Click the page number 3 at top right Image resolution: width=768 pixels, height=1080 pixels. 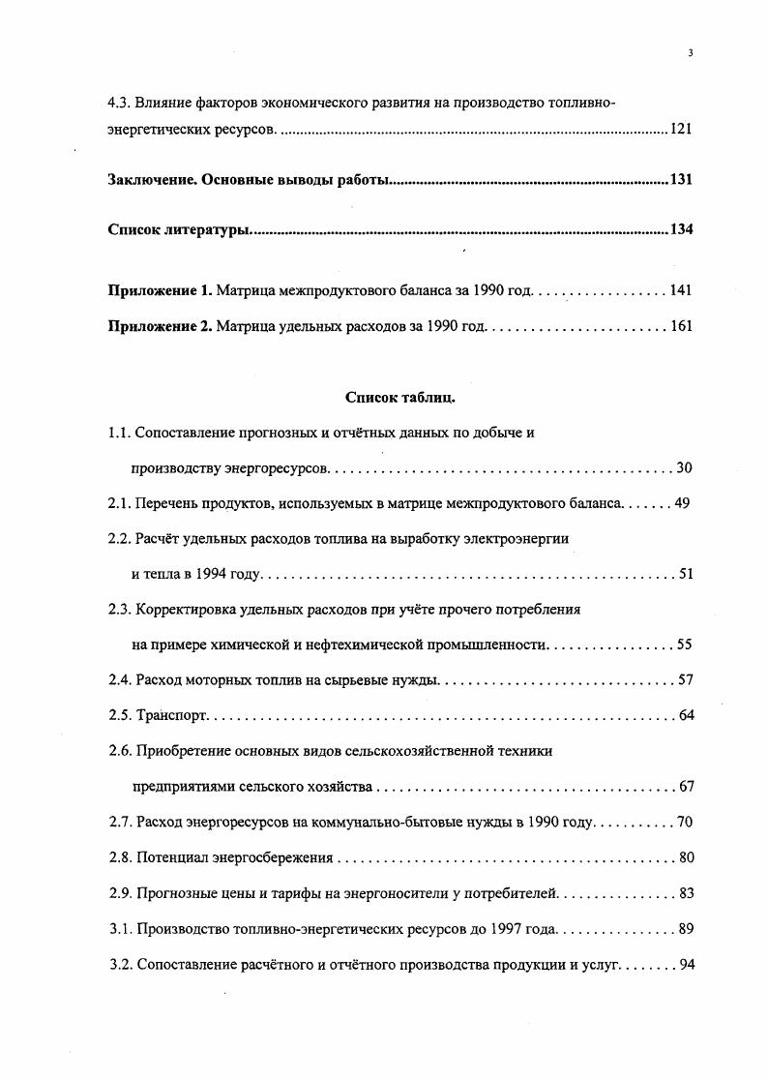(690, 53)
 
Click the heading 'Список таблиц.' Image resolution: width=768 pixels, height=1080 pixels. (399, 397)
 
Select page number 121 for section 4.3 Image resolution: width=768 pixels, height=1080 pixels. (681, 129)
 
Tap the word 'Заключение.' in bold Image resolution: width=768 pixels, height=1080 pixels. (153, 180)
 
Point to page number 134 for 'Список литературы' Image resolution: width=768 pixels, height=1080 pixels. (681, 230)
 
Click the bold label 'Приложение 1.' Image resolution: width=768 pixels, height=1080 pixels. (160, 290)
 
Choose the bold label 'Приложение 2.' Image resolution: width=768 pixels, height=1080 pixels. (160, 326)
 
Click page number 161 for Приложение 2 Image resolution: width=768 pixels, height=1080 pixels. (681, 326)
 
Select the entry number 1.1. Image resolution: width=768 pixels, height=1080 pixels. (119, 433)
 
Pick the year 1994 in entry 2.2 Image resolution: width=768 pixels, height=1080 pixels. (209, 574)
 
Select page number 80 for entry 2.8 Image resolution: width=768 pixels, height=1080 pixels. (686, 857)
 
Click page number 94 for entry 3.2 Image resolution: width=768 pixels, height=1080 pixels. (686, 965)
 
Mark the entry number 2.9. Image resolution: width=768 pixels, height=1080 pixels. (119, 893)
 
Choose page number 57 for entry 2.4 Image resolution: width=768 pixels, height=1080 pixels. (686, 680)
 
